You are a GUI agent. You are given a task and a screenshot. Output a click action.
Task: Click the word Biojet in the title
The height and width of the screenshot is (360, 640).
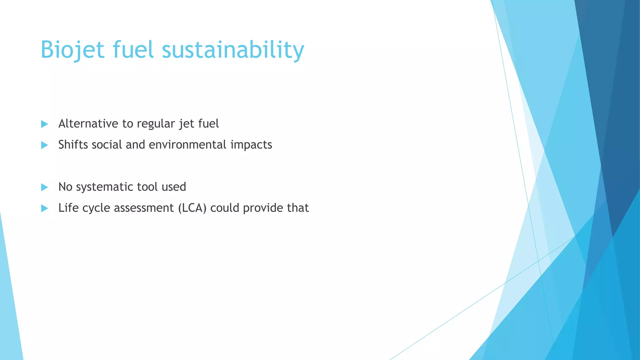pyautogui.click(x=72, y=50)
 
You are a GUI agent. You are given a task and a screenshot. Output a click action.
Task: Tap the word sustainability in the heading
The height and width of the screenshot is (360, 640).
pyautogui.click(x=233, y=50)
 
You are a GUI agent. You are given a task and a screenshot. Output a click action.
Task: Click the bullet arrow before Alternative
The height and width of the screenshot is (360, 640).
pyautogui.click(x=44, y=124)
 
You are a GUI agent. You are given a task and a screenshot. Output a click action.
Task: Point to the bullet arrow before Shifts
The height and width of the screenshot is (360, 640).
pyautogui.click(x=44, y=145)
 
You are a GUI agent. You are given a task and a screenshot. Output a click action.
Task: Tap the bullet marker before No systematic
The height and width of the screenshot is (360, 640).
pyautogui.click(x=44, y=187)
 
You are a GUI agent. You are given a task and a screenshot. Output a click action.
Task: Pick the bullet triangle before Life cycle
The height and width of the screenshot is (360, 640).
pyautogui.click(x=44, y=208)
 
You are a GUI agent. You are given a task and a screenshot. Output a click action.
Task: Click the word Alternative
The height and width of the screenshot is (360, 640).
pyautogui.click(x=88, y=124)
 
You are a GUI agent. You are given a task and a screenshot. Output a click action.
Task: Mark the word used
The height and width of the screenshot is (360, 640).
pyautogui.click(x=174, y=187)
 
